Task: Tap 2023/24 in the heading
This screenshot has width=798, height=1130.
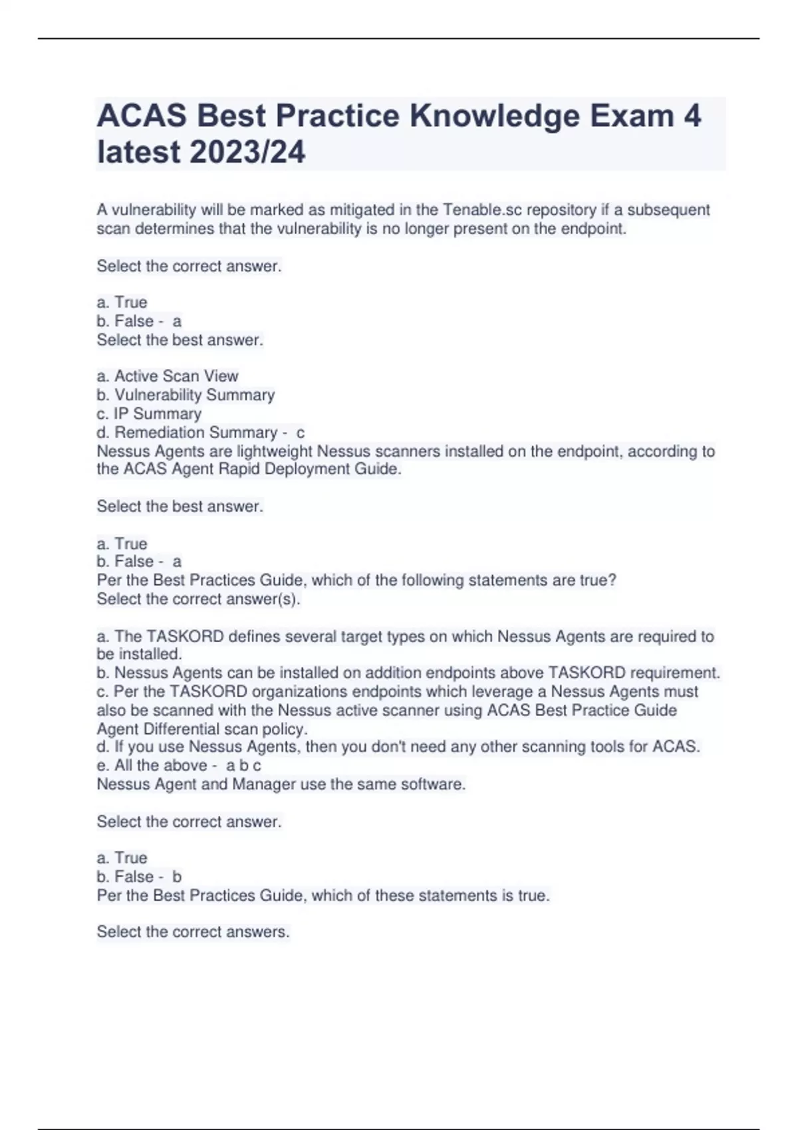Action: [x=247, y=152]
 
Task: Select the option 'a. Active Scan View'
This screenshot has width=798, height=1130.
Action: [x=168, y=376]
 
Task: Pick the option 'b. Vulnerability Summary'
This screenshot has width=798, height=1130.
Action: [x=186, y=395]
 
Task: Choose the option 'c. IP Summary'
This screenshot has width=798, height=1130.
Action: [x=149, y=413]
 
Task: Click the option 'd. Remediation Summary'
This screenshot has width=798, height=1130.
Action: [x=187, y=433]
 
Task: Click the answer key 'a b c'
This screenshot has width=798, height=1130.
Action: [x=243, y=766]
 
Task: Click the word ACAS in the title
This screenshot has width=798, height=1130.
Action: [x=142, y=116]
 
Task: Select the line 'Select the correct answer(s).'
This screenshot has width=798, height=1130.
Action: [x=199, y=600]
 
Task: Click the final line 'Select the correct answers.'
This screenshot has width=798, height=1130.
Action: [x=194, y=932]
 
